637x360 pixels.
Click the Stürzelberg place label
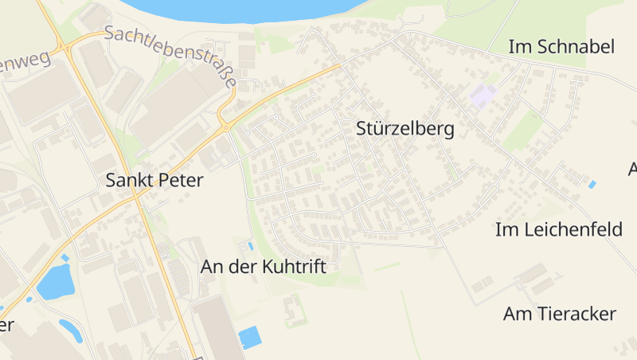point(405,129)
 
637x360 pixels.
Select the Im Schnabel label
point(561,47)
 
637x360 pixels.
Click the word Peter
point(182,180)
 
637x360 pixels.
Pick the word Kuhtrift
point(294,268)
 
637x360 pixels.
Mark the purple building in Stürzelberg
point(483,96)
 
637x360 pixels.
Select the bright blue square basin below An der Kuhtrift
point(249,338)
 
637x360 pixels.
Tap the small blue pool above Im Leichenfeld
point(592,185)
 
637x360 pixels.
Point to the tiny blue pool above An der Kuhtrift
point(251,246)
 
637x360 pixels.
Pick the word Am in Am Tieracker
point(515,314)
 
